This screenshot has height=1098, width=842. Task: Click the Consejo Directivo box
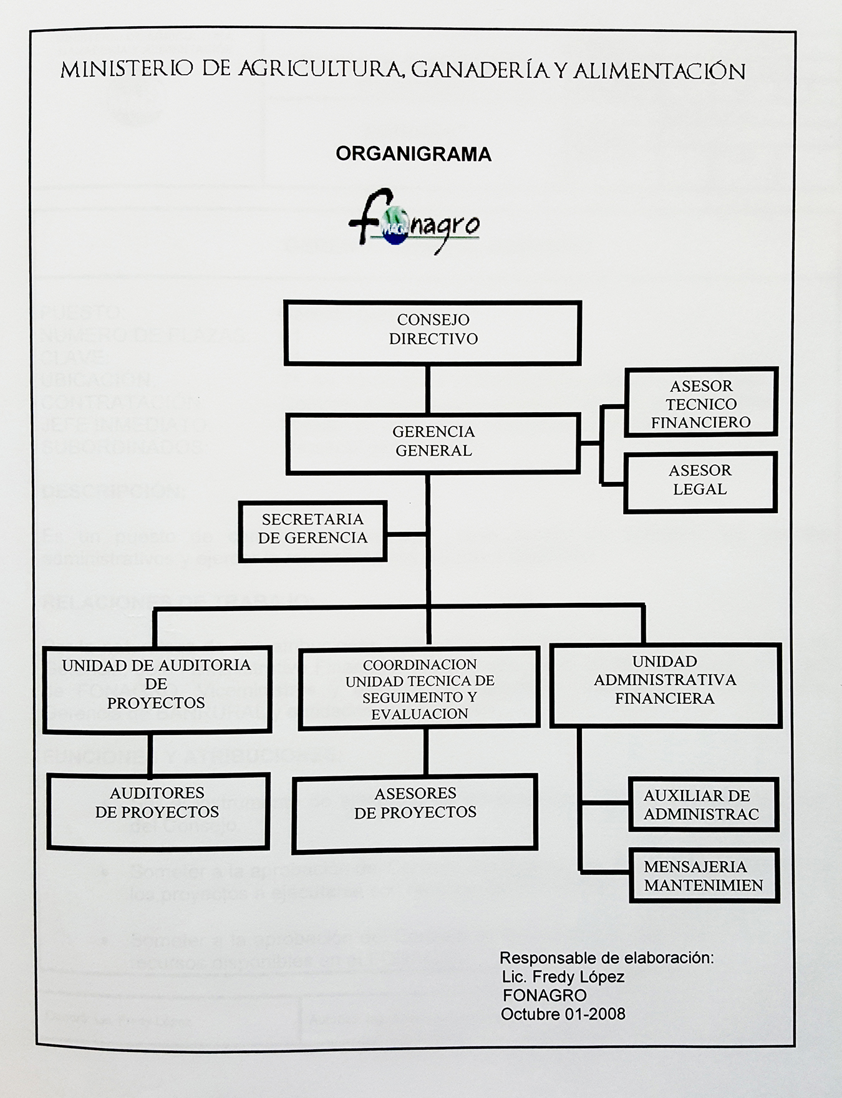click(x=433, y=332)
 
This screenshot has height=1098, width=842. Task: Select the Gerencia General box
click(x=433, y=444)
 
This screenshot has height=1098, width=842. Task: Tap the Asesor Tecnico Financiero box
click(x=701, y=402)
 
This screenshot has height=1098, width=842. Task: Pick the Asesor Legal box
click(x=700, y=482)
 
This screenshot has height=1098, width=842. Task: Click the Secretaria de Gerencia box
click(x=312, y=531)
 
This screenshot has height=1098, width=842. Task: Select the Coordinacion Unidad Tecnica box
click(x=419, y=688)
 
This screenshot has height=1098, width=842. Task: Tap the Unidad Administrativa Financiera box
click(x=665, y=685)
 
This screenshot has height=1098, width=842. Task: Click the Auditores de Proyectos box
click(x=158, y=811)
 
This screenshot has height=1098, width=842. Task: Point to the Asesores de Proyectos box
click(x=415, y=812)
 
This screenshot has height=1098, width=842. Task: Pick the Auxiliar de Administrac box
click(x=703, y=804)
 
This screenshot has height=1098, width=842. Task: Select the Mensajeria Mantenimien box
click(x=704, y=875)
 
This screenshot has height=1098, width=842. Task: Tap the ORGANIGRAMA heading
click(x=414, y=154)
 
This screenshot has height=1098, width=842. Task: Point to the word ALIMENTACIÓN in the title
click(x=659, y=72)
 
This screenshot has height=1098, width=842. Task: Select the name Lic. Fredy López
click(x=563, y=976)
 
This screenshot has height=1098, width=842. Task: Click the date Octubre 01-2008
click(x=563, y=1014)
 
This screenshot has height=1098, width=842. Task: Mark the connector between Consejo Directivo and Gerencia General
click(x=428, y=390)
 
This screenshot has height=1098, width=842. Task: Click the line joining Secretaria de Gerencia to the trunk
click(x=407, y=534)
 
